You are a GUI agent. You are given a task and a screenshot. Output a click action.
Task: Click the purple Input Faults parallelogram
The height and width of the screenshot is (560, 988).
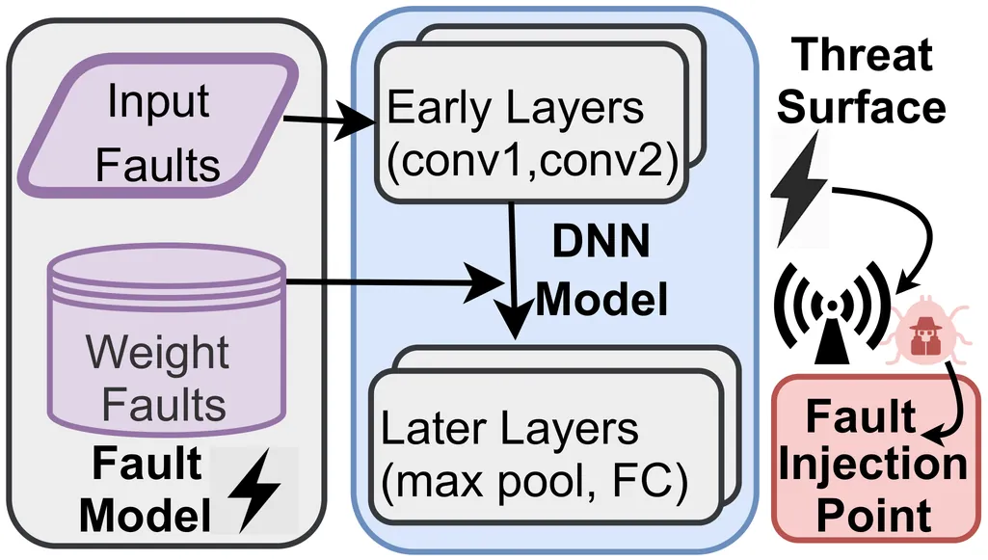tap(157, 125)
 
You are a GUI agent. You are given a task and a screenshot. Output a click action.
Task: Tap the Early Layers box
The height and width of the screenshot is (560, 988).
tap(530, 126)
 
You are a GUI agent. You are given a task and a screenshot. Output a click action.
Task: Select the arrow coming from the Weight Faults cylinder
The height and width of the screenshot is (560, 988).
tap(386, 282)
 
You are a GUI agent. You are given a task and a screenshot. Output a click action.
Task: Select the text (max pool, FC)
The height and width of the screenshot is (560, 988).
tap(535, 479)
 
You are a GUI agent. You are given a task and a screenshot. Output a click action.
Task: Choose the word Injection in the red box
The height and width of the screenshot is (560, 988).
tap(872, 466)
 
